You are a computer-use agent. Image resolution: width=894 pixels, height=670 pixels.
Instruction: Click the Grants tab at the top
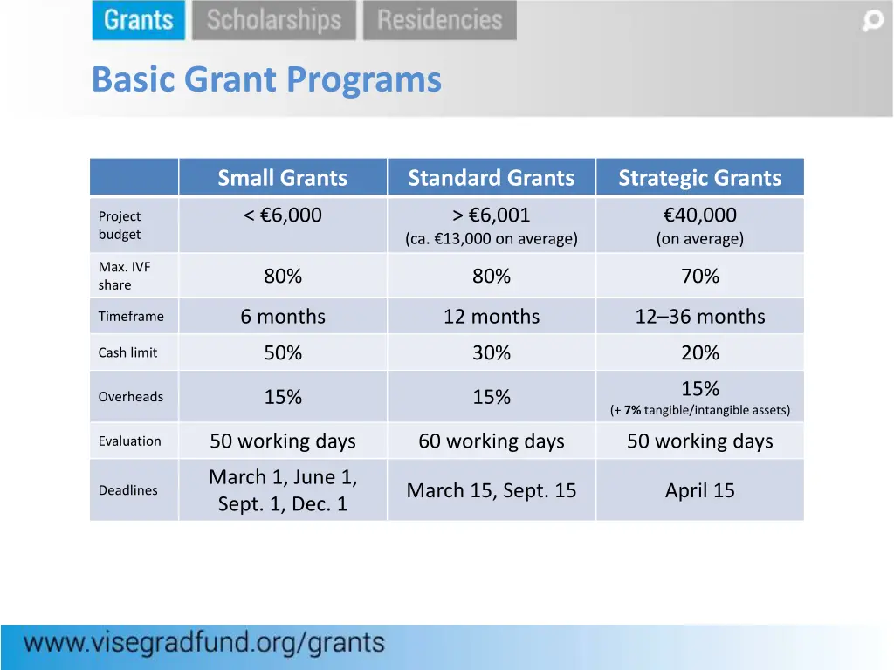(x=138, y=20)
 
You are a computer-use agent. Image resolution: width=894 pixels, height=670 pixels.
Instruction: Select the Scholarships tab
(x=274, y=20)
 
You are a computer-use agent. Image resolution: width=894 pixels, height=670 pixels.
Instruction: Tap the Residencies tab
(x=439, y=20)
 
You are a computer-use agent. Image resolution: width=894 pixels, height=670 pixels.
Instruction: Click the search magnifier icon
(x=872, y=21)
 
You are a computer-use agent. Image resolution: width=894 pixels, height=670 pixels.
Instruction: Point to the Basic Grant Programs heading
(x=266, y=79)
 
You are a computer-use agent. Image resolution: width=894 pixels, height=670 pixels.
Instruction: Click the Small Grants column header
(x=282, y=178)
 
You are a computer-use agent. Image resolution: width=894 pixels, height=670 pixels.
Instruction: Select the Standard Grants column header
(x=491, y=178)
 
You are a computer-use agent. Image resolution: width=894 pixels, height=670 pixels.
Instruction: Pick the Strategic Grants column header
(x=699, y=178)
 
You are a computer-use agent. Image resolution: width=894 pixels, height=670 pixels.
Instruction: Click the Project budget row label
(x=120, y=225)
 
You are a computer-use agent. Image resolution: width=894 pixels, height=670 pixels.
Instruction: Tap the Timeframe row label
(x=131, y=317)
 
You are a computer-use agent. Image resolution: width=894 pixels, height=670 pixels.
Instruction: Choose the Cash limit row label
(x=127, y=352)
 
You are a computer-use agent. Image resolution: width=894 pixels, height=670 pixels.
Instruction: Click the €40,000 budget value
(x=699, y=215)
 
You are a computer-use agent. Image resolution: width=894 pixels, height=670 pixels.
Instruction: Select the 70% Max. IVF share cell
(x=699, y=277)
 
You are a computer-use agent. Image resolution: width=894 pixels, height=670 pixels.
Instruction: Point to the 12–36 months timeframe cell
(x=699, y=317)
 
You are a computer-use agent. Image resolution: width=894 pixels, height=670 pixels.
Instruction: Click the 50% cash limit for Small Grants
(x=283, y=352)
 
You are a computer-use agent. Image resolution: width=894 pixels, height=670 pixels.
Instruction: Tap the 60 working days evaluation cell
(x=491, y=441)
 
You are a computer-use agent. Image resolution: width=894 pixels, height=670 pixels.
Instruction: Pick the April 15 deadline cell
(x=699, y=490)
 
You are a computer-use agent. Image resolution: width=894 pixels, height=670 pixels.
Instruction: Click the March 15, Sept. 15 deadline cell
(x=491, y=490)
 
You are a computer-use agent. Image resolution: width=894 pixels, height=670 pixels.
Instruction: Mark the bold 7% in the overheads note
(x=632, y=410)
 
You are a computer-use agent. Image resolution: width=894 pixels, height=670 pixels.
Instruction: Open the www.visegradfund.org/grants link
(x=204, y=644)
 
